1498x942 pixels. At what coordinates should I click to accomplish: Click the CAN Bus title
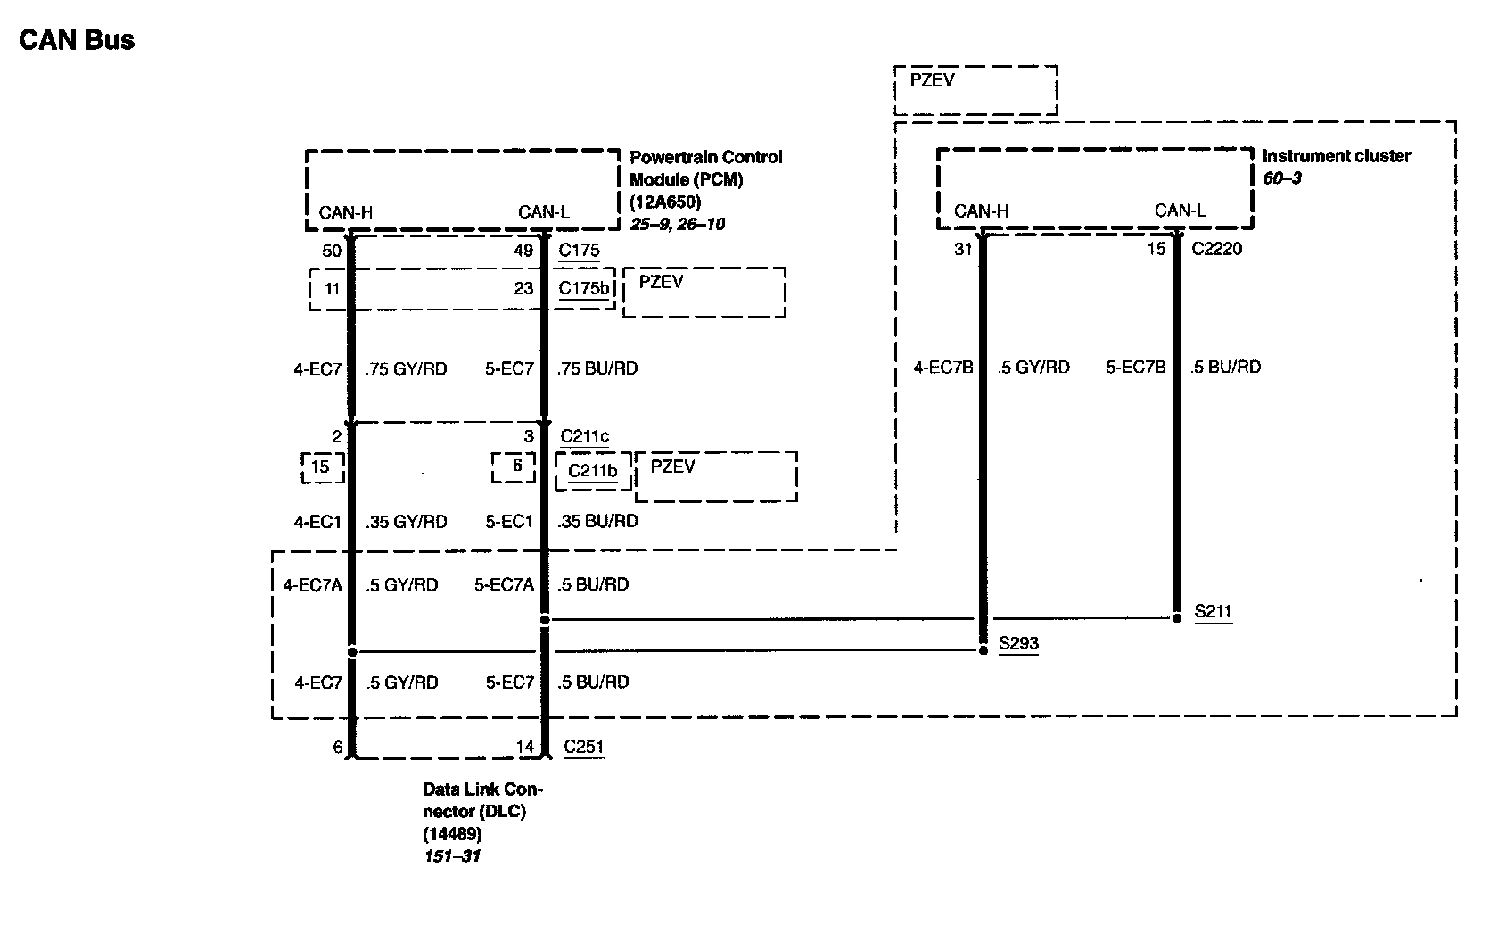[x=77, y=40]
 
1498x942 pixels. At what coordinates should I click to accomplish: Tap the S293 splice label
[x=1018, y=643]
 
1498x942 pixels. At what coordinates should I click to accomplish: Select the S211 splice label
[x=1213, y=612]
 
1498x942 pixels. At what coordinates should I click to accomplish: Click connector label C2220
[x=1216, y=249]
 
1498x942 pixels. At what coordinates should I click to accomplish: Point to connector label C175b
[x=585, y=288]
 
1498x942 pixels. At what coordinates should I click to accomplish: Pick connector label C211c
[x=585, y=436]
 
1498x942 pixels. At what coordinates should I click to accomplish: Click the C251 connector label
[x=584, y=747]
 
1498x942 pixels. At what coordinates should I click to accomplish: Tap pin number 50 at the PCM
[x=332, y=251]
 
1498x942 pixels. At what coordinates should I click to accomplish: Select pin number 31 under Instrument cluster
[x=963, y=249]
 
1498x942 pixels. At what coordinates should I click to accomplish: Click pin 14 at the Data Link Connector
[x=524, y=747]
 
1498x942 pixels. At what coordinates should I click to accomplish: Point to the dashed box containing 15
[x=321, y=467]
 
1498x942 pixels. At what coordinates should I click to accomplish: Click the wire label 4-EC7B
[x=943, y=367]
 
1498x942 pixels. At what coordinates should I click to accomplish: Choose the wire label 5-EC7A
[x=504, y=584]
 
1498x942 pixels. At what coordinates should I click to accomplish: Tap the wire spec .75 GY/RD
[x=407, y=368]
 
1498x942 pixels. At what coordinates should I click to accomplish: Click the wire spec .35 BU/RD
[x=597, y=521]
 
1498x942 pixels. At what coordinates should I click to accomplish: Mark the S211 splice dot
[x=1177, y=617]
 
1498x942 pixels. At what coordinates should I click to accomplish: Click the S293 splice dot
[x=984, y=650]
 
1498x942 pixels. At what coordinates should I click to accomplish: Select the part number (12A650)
[x=665, y=202]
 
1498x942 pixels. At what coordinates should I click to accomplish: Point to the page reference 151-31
[x=451, y=856]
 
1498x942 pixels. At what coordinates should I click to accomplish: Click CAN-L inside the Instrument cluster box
[x=1180, y=211]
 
